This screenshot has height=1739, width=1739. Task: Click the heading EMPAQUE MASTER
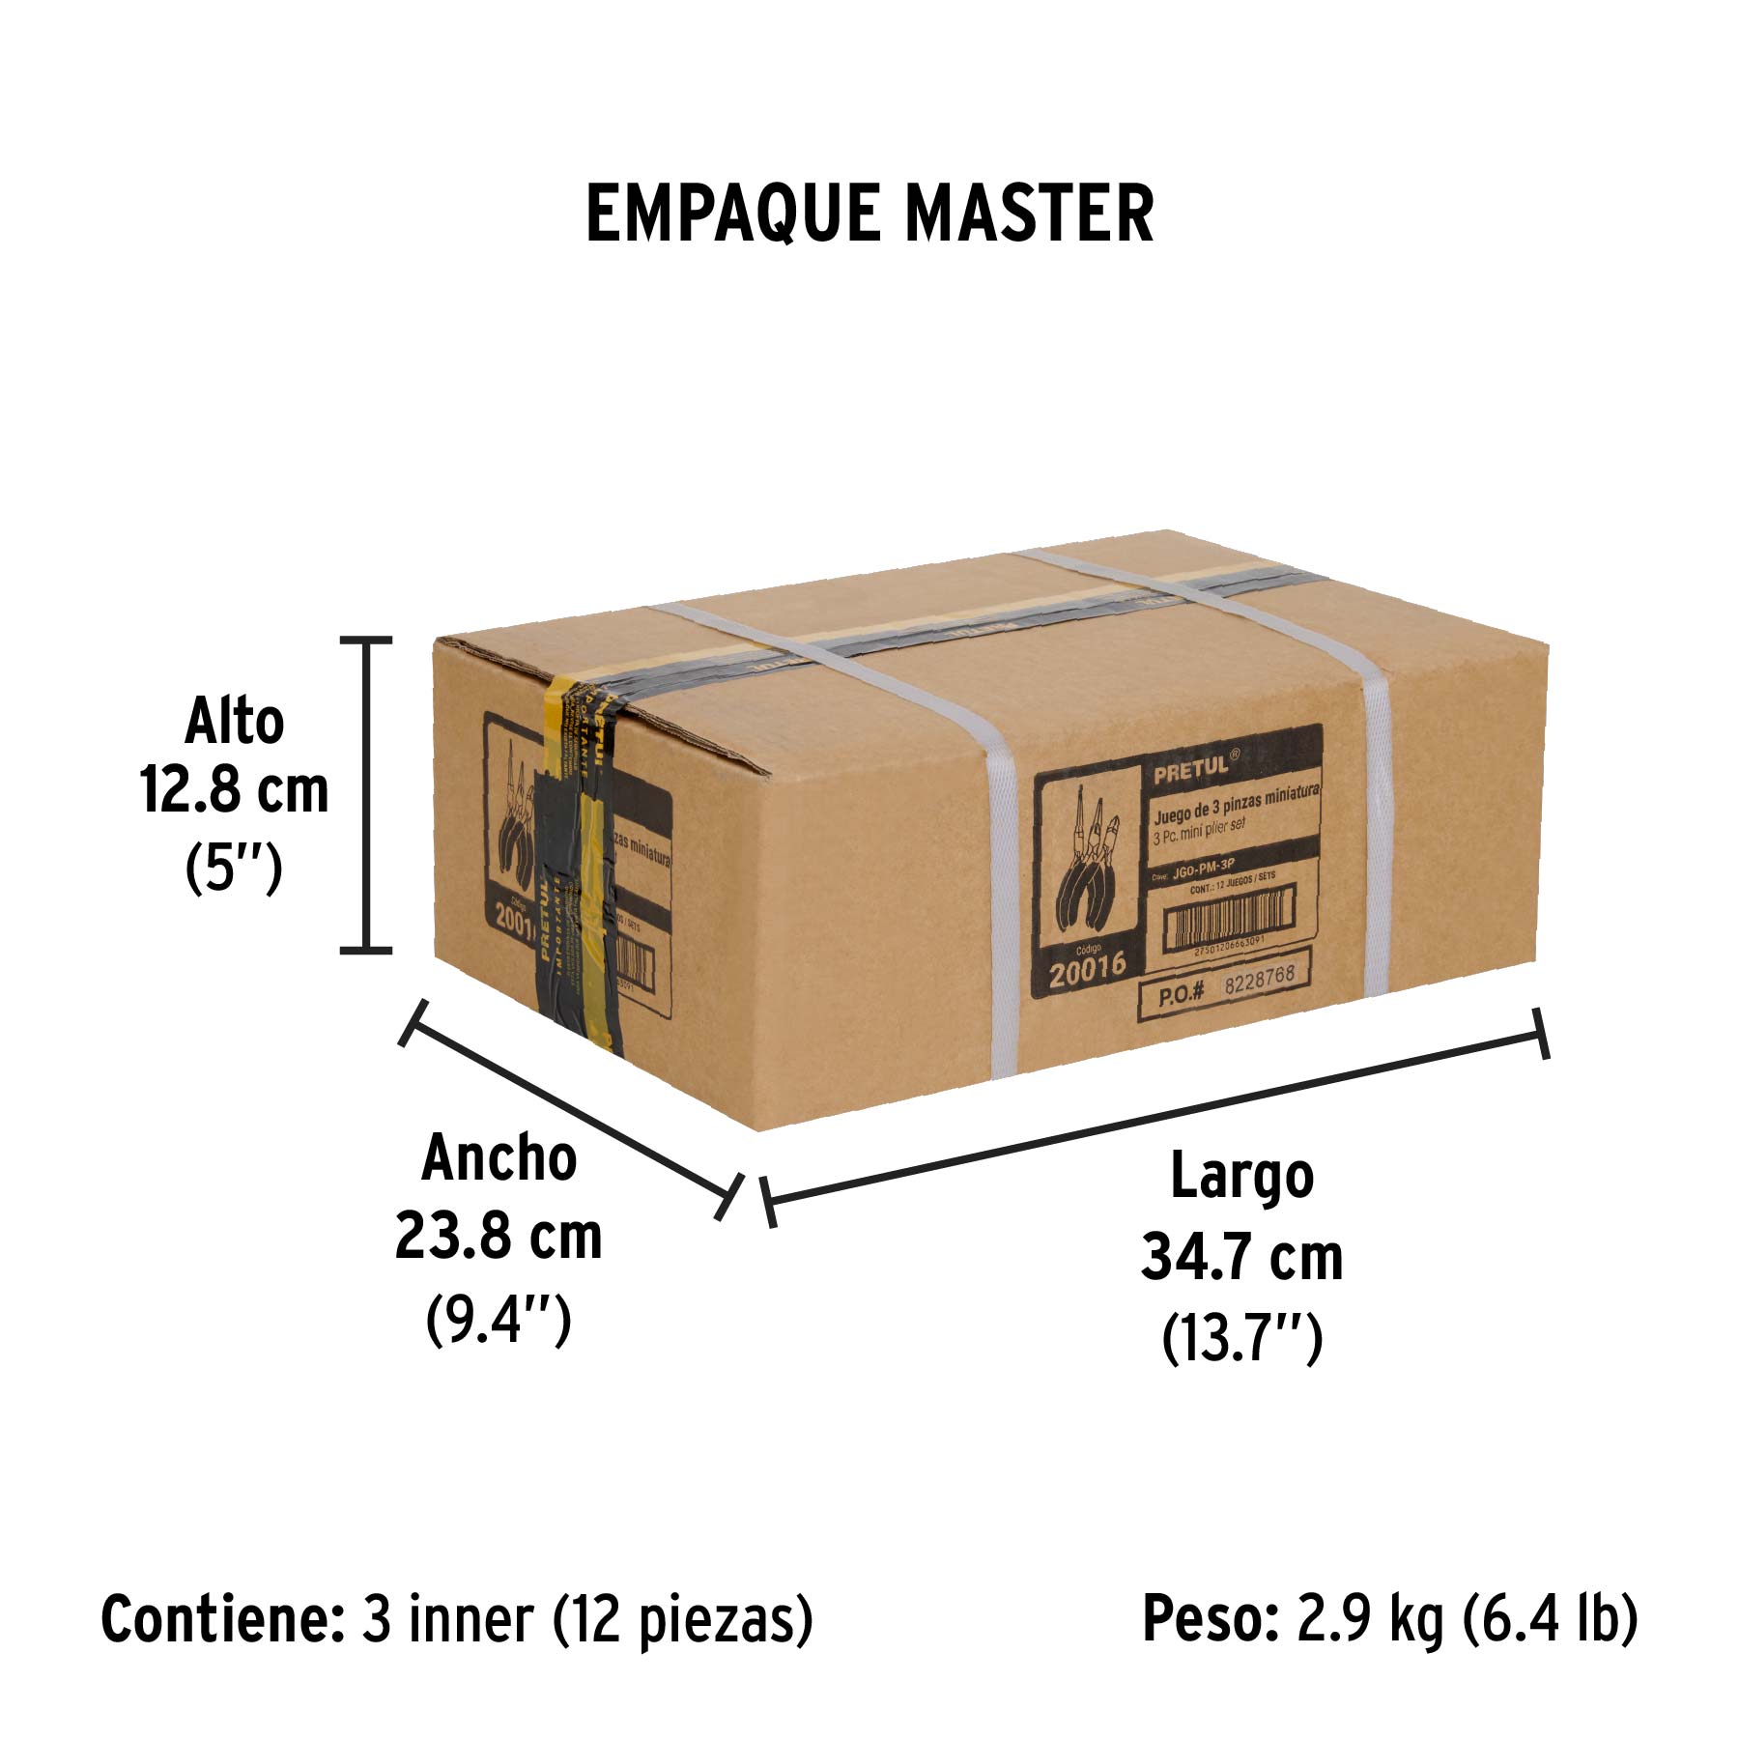pyautogui.click(x=869, y=214)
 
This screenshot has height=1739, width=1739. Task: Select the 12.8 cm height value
pyautogui.click(x=234, y=791)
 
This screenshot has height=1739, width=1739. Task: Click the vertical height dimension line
pyautogui.click(x=366, y=794)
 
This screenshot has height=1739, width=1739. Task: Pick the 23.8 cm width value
pyautogui.click(x=499, y=1236)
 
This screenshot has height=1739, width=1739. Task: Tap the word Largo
pyautogui.click(x=1241, y=1177)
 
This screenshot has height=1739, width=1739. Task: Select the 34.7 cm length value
pyautogui.click(x=1241, y=1257)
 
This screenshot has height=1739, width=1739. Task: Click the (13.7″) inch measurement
pyautogui.click(x=1241, y=1338)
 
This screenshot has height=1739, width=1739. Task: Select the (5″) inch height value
pyautogui.click(x=234, y=868)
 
